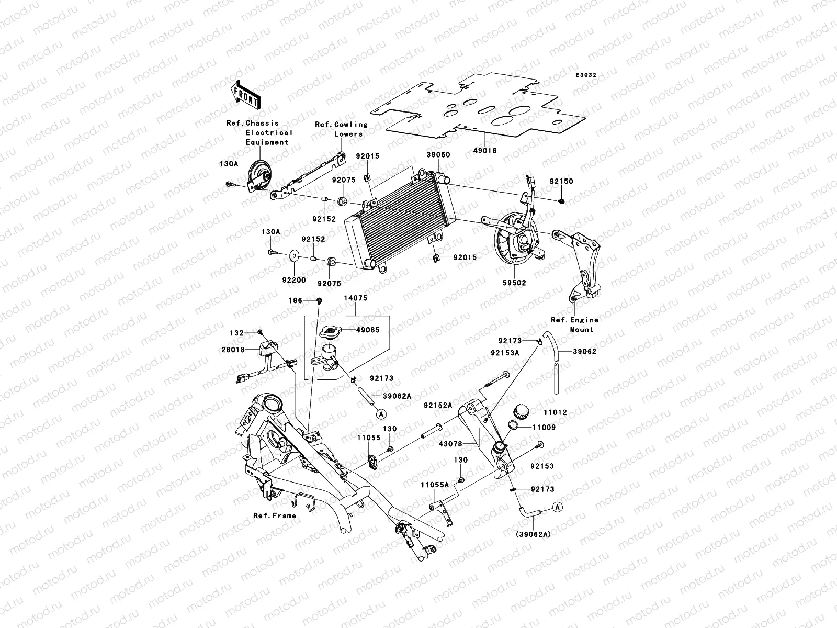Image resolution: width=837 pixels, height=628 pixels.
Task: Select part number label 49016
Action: pos(485,151)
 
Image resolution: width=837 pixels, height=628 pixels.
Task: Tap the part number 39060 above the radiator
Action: pos(438,155)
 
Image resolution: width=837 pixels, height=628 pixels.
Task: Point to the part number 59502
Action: pos(514,283)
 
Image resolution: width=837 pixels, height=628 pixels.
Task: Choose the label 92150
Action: pos(561,182)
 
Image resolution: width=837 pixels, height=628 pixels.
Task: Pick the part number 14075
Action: pos(355,298)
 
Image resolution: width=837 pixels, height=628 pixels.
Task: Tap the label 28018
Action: pos(235,349)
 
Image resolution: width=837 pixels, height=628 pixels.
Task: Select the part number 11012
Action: pos(555,413)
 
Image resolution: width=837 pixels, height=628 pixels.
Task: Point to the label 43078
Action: pos(450,444)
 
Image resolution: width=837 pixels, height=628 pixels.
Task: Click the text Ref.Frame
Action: pos(275,515)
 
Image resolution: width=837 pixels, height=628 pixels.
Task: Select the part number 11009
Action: pos(544,428)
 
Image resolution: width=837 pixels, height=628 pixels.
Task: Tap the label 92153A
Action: pos(505,353)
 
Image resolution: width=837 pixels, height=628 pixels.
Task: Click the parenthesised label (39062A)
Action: pos(533,534)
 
